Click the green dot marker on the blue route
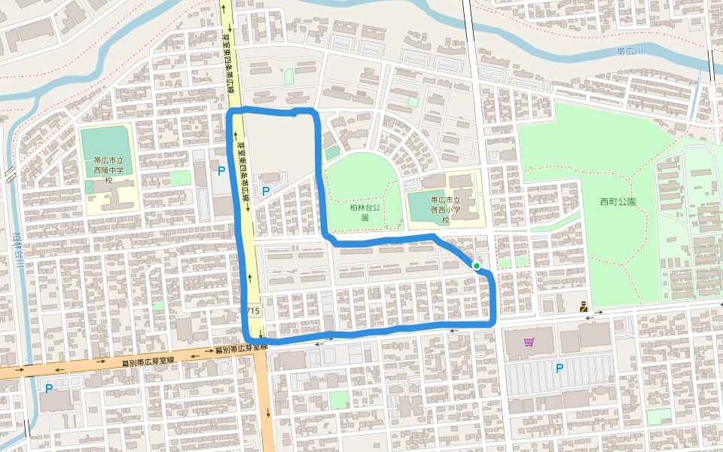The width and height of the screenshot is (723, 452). [477, 266]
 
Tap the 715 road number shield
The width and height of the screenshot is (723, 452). [252, 311]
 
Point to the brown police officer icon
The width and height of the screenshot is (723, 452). [583, 307]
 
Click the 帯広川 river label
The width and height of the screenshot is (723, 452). [630, 51]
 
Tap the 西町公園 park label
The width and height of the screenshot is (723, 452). [618, 202]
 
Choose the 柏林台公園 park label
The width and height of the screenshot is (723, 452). [365, 211]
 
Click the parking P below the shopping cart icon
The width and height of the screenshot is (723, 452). [559, 368]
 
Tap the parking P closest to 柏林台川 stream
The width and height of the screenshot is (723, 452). [49, 389]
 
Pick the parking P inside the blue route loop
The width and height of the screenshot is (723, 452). [266, 191]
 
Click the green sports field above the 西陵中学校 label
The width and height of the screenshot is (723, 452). [106, 142]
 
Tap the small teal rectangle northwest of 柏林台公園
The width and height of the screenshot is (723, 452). [332, 153]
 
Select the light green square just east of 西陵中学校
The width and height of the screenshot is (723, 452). [180, 178]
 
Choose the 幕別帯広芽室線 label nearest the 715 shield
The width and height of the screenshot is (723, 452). [240, 349]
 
